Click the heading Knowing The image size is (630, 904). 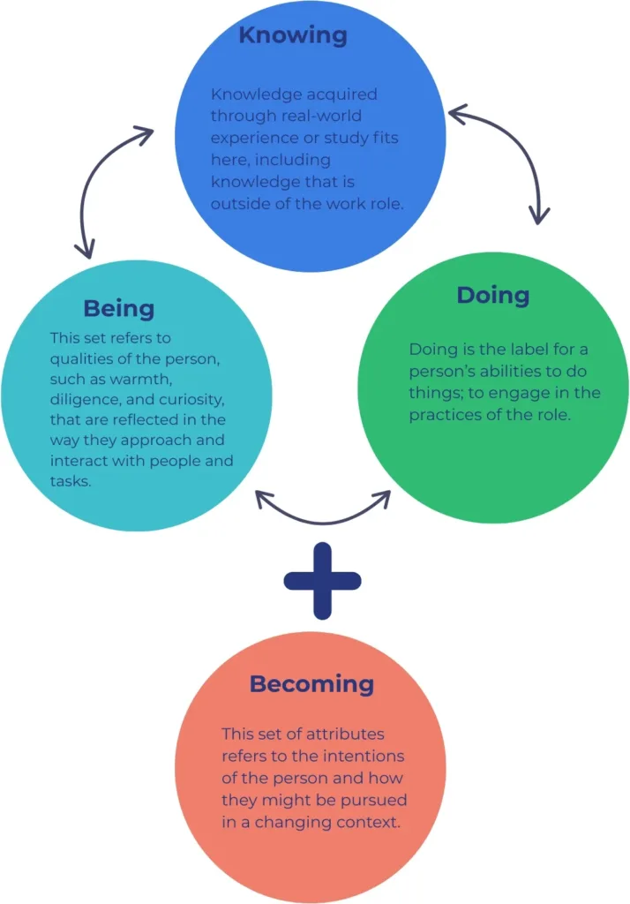(x=292, y=36)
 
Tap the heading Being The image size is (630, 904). (x=118, y=309)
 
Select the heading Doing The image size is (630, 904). (x=492, y=296)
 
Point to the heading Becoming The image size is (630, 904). (x=311, y=684)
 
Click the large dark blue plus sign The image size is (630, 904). (x=322, y=580)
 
